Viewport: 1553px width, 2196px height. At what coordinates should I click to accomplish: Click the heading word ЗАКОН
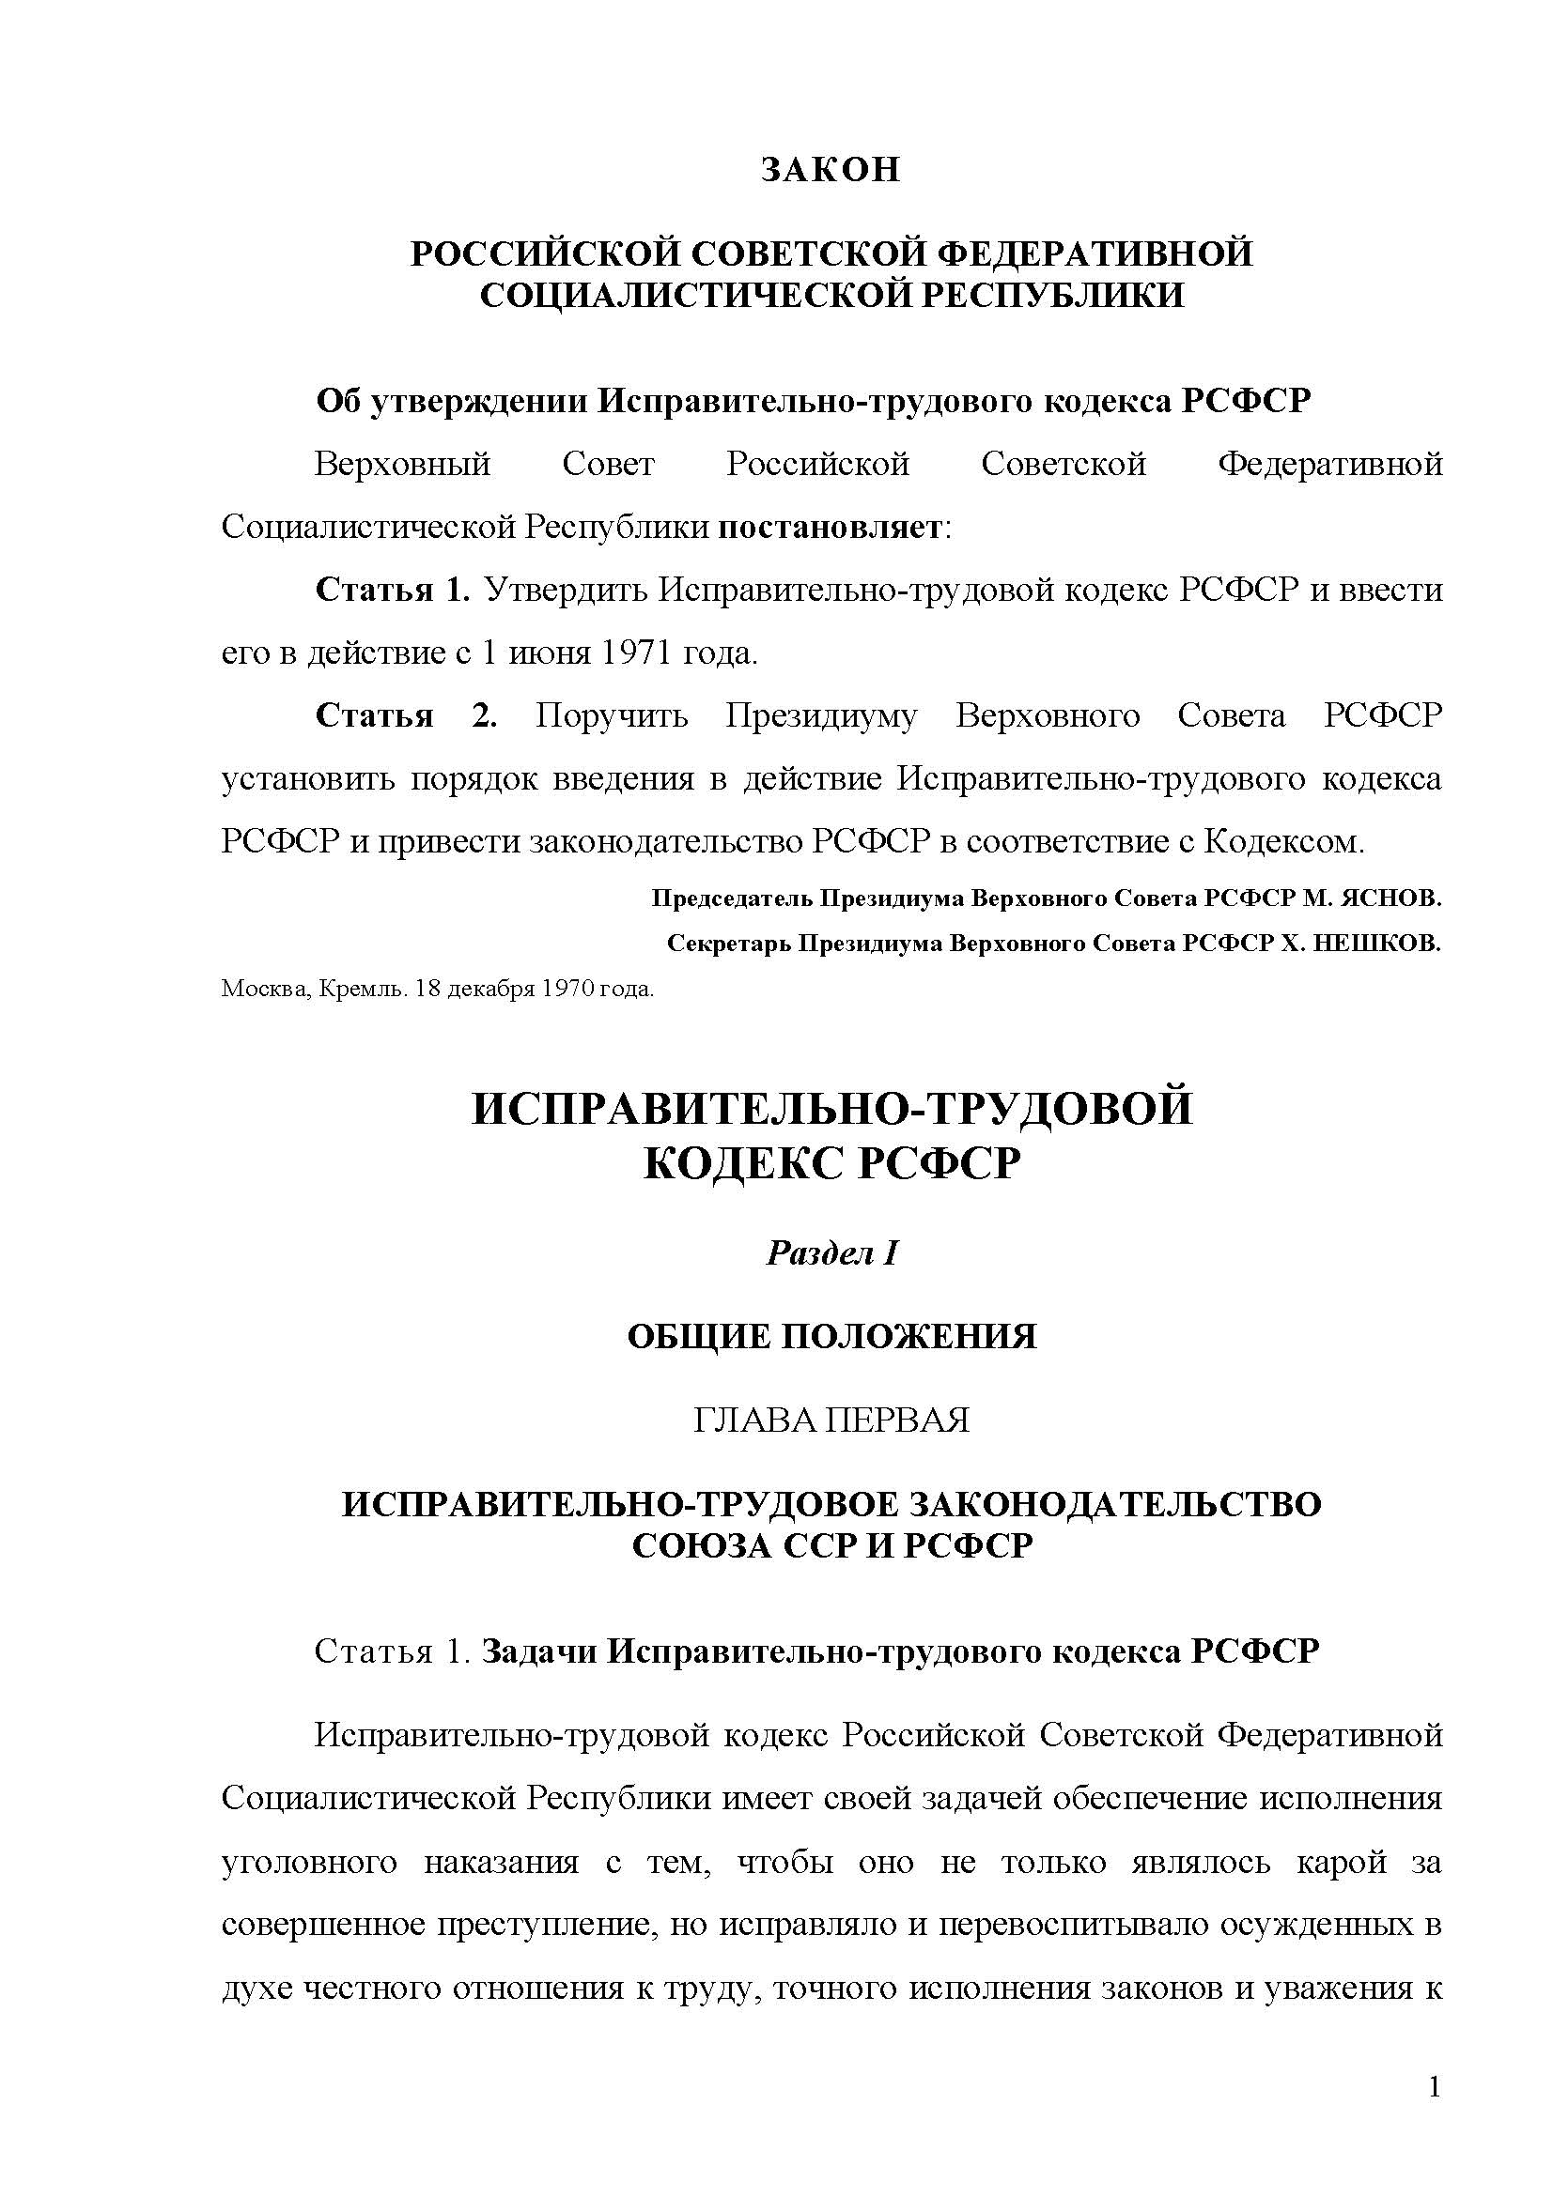(x=830, y=169)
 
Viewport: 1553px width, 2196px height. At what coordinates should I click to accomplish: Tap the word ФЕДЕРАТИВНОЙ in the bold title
(x=1093, y=253)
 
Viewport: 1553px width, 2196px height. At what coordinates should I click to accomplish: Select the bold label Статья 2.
(x=406, y=715)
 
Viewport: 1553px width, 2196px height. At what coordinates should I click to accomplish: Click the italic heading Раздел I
(x=831, y=1253)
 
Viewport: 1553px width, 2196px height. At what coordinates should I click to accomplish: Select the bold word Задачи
(x=539, y=1651)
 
